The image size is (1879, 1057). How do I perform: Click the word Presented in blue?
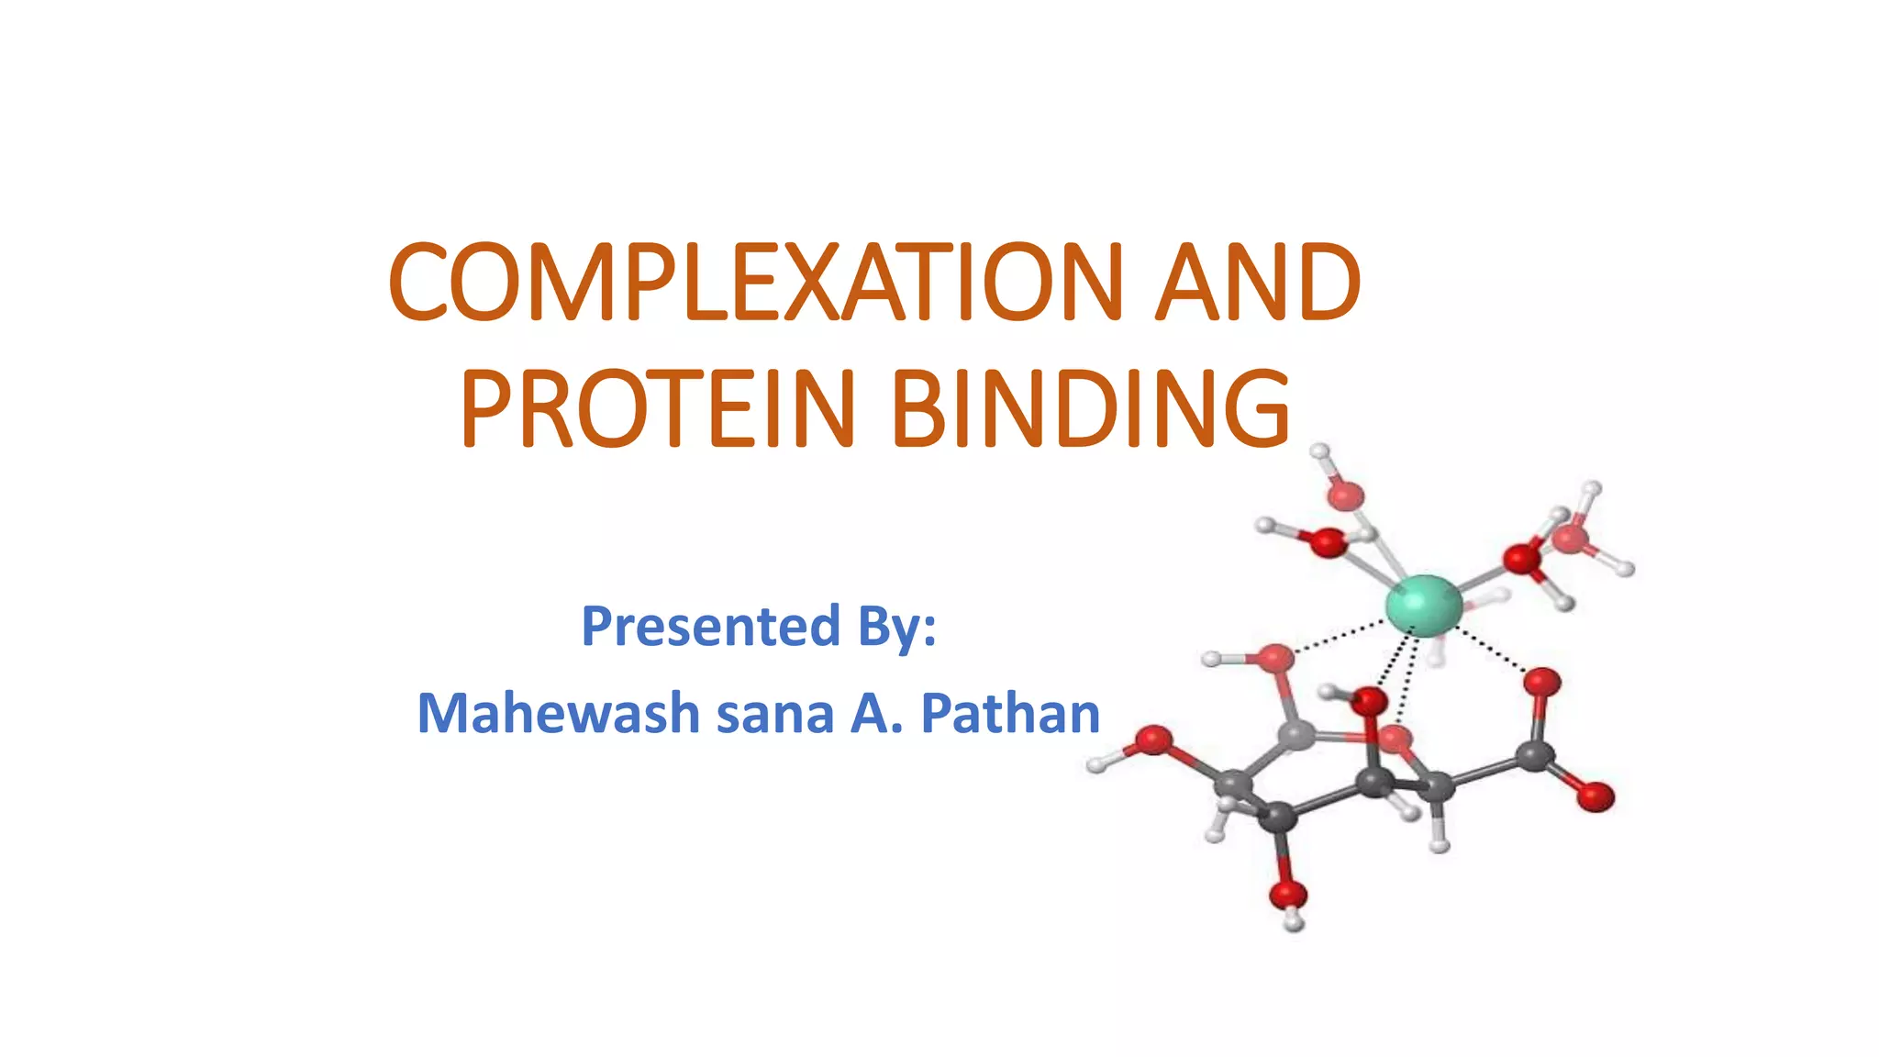coord(710,627)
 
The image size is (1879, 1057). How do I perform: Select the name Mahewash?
coord(558,714)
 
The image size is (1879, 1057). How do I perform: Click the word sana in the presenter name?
coord(774,714)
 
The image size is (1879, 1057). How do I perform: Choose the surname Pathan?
coord(1009,714)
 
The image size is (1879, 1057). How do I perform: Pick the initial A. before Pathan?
coord(876,714)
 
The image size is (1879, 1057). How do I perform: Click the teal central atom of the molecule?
coord(1423,606)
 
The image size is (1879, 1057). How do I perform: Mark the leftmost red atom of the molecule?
coord(1153,740)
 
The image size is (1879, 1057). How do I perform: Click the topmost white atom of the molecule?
coord(1319,451)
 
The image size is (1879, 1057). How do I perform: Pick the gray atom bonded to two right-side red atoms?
coord(1534,756)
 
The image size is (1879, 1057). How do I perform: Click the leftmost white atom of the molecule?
coord(1096,763)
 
